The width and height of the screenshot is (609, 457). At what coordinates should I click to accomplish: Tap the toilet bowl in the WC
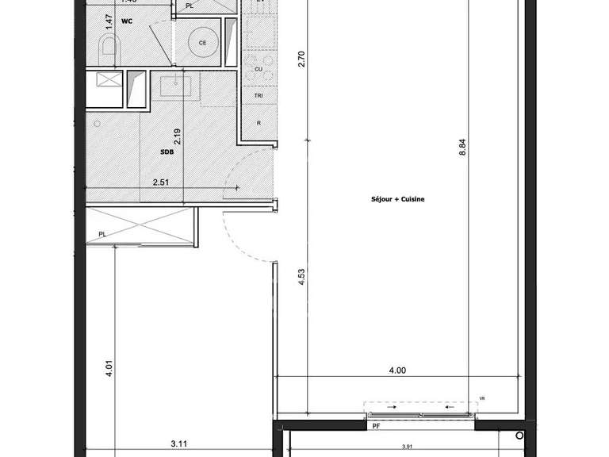109,48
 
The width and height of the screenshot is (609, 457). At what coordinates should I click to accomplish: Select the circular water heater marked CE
203,43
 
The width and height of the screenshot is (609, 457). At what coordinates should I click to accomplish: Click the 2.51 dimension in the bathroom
163,182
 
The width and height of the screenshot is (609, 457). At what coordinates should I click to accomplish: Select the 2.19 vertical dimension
178,136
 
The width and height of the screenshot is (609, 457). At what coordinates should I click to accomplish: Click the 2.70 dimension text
302,59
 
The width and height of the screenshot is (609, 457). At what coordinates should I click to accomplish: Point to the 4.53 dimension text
302,284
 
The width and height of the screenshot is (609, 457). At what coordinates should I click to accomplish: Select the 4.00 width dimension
396,369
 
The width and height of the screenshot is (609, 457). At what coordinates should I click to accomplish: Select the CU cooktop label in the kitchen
259,69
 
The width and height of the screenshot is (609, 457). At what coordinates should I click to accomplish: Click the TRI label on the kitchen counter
259,95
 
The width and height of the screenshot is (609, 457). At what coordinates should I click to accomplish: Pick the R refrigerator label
259,124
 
